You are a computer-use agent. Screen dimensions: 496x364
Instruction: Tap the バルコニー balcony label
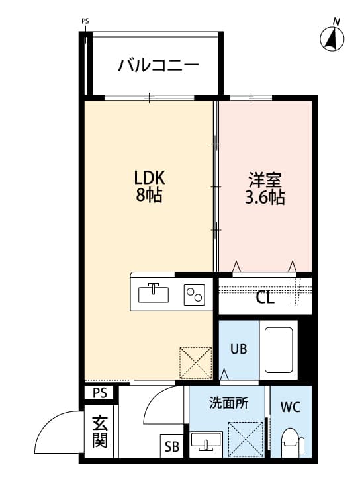159,65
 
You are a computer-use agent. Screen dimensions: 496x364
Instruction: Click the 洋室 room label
265,179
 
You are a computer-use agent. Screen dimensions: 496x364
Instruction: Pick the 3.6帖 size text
265,198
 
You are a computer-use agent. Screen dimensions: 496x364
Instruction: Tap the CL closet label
265,298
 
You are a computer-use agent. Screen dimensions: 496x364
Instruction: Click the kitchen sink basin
154,292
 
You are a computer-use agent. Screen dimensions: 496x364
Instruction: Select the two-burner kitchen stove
194,293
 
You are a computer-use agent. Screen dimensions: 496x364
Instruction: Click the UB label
238,349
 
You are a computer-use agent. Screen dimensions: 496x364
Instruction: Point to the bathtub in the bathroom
279,350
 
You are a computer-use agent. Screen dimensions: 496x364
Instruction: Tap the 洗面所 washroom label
228,403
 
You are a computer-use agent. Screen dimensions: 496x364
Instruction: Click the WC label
290,407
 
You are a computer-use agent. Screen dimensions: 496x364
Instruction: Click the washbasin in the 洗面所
206,440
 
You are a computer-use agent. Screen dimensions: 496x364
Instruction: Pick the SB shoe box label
171,447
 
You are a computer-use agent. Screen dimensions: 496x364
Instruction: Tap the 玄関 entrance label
99,431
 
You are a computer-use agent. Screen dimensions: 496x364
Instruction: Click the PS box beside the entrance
99,393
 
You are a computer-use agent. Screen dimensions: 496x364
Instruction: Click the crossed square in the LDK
195,363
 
